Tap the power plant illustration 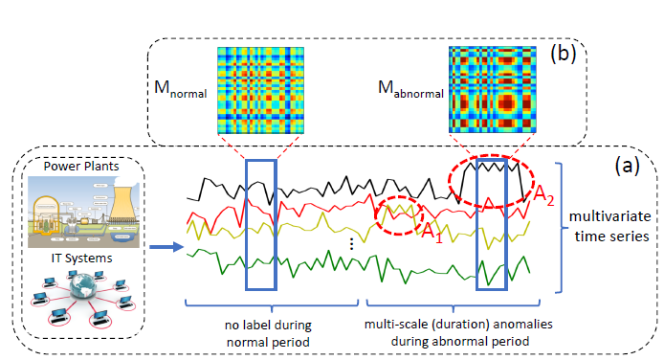tap(82, 211)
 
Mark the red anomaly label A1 tap(432, 235)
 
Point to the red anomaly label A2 tap(543, 199)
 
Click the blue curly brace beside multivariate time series tap(564, 226)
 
